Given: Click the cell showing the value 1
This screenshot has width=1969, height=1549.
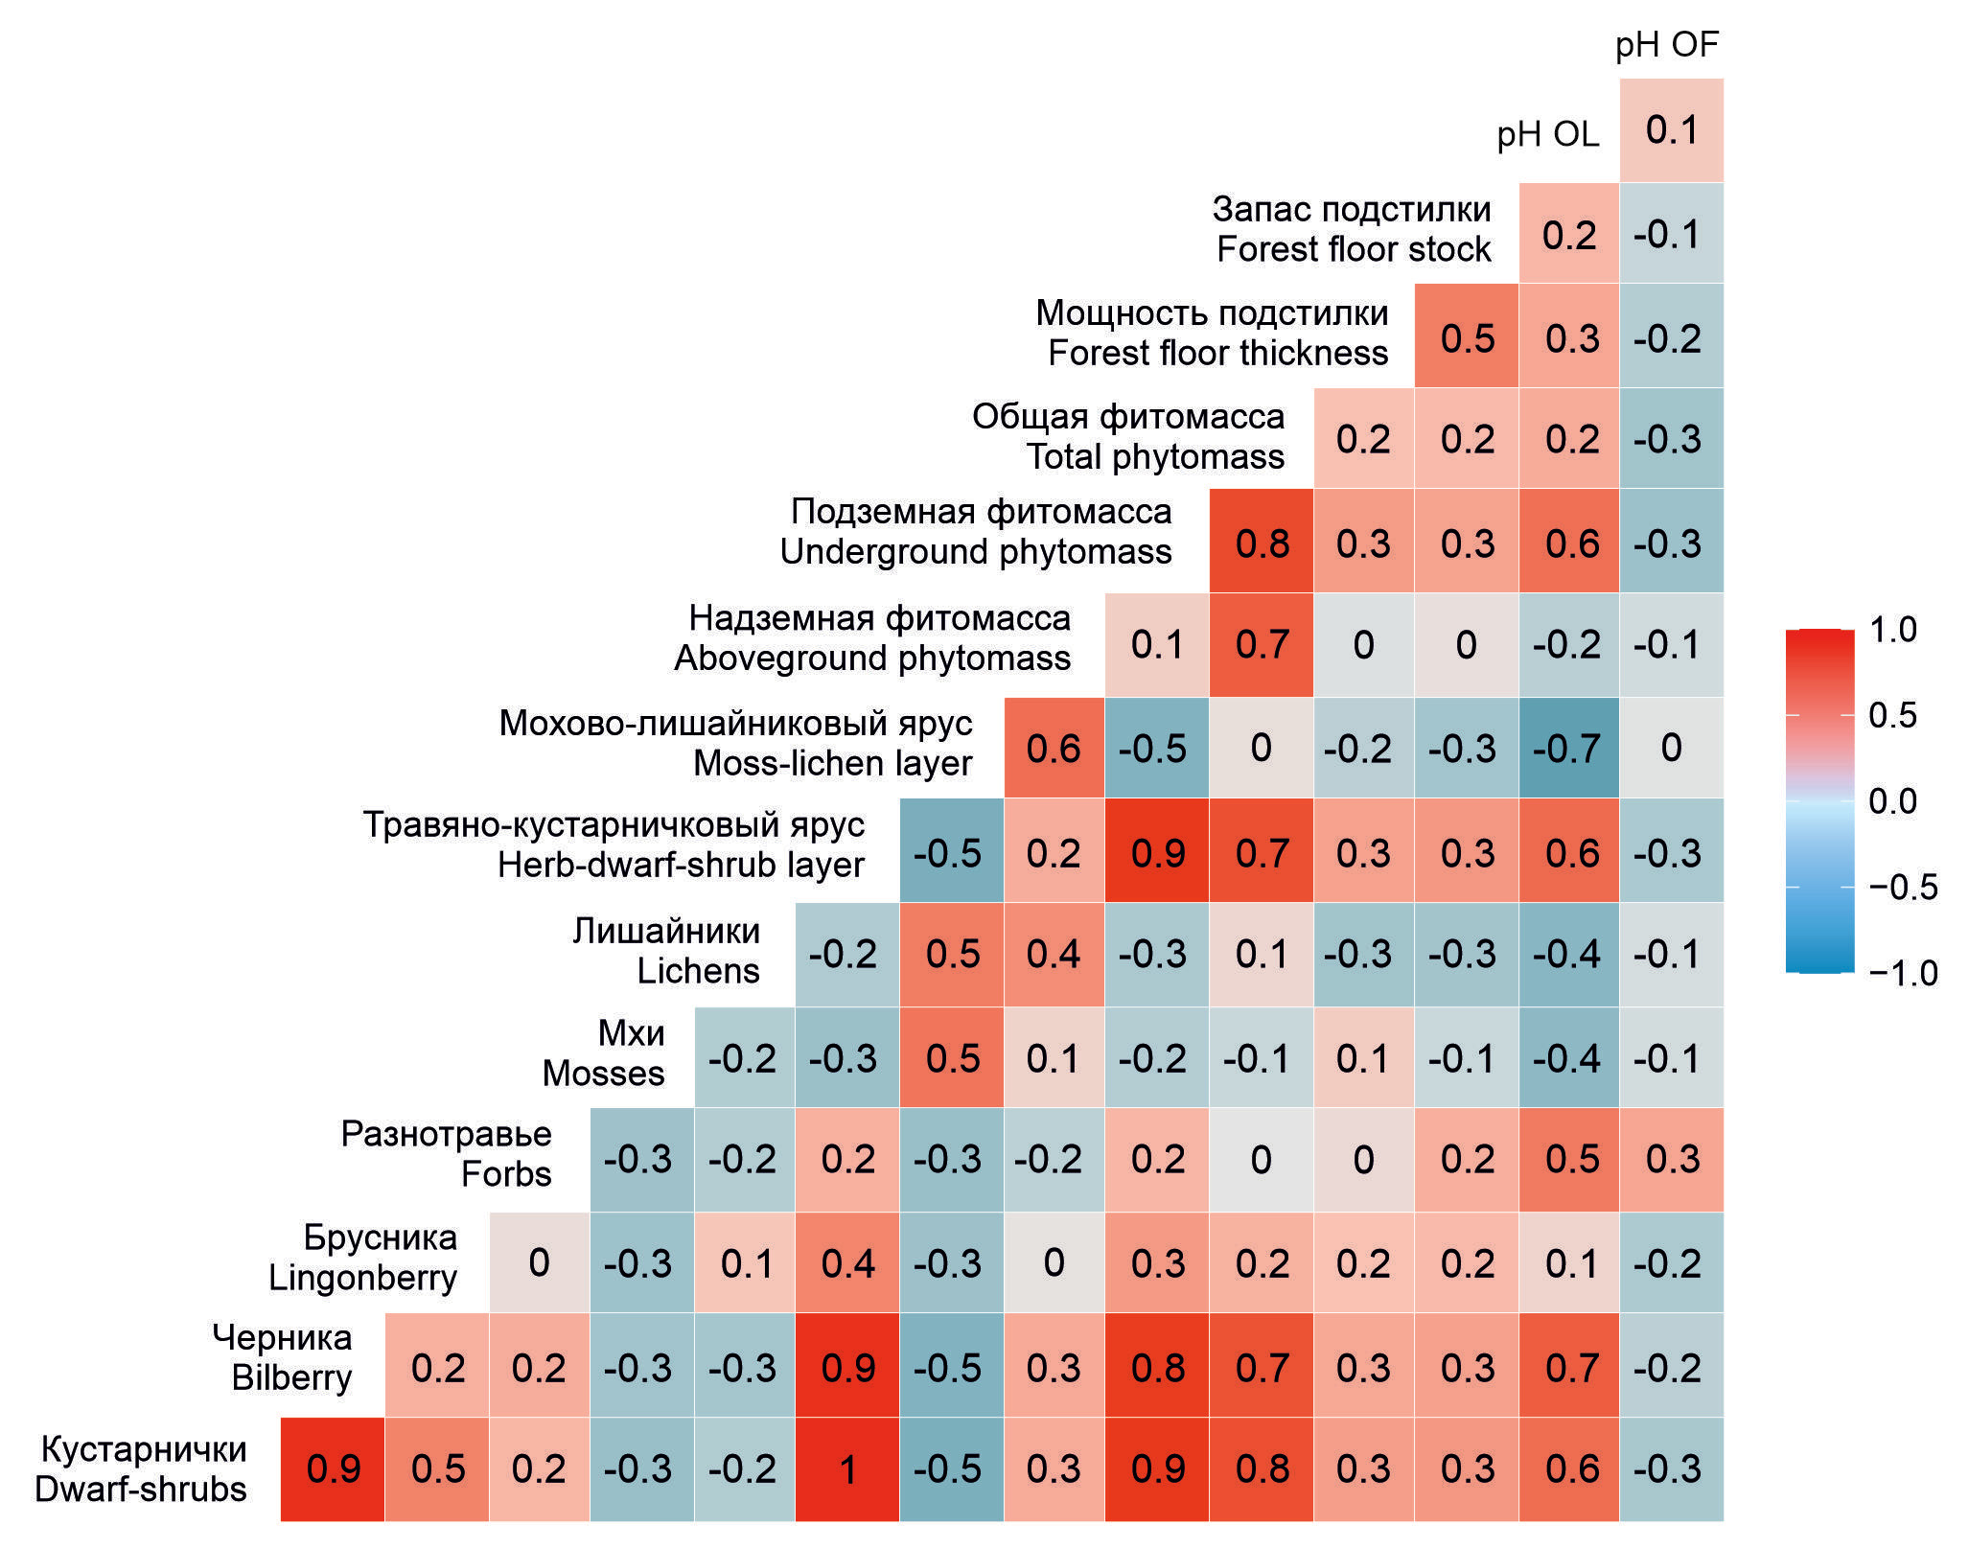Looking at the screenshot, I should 847,1468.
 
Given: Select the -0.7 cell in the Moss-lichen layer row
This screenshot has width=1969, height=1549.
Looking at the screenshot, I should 1568,748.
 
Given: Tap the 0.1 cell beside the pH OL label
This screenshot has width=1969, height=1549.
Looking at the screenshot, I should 1671,129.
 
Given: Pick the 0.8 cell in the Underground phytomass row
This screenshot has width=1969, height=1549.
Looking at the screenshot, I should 1262,543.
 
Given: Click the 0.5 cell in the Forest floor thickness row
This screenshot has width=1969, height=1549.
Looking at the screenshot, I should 1467,337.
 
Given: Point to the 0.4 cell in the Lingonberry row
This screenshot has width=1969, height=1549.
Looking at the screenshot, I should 847,1262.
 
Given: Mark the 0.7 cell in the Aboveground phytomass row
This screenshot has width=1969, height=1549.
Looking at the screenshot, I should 1262,644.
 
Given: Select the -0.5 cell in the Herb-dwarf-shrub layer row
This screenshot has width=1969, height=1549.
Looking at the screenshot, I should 948,852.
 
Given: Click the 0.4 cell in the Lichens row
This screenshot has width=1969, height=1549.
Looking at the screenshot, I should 1053,954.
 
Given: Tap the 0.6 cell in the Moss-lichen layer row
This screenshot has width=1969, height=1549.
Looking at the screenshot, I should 1053,748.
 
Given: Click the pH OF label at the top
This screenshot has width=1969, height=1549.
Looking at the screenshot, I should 1667,45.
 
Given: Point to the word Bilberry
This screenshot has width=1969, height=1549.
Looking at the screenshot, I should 291,1376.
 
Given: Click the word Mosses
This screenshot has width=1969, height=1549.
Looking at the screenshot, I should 603,1073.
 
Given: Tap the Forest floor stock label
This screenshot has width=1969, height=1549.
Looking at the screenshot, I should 1353,249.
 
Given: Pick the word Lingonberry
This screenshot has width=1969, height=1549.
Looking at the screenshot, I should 362,1277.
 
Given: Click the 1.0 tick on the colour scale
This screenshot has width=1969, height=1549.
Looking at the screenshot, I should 1892,630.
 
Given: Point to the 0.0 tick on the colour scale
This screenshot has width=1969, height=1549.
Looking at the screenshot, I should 1892,800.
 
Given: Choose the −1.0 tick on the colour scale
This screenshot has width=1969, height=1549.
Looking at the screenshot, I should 1902,973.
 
